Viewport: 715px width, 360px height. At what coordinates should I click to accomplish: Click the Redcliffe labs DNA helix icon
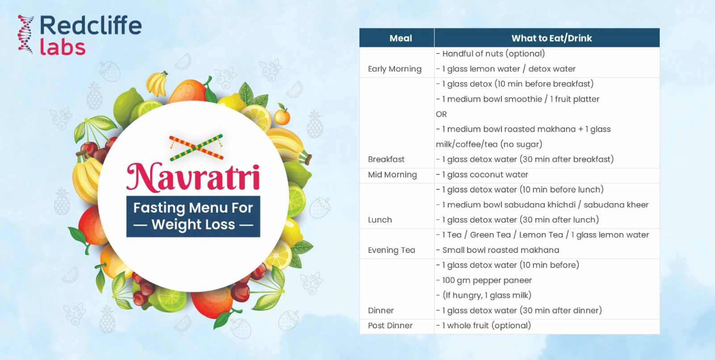(25, 34)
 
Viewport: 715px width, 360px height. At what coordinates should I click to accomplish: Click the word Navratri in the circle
(193, 177)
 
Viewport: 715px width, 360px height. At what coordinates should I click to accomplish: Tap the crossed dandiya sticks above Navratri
(196, 147)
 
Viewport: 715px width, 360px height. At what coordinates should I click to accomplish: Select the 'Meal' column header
(400, 38)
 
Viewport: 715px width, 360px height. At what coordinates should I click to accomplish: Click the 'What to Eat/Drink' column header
(551, 38)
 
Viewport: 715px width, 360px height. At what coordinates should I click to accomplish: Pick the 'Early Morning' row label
(395, 69)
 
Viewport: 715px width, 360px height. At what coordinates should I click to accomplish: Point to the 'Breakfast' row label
(386, 159)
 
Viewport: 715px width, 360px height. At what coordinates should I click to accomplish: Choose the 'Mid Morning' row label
(392, 175)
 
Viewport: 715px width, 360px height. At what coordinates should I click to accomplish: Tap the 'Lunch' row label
(380, 220)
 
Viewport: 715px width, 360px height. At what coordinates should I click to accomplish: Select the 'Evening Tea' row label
(391, 250)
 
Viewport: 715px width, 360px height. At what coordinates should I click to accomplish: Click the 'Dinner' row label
(381, 310)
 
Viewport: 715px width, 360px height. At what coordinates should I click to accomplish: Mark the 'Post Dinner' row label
(390, 326)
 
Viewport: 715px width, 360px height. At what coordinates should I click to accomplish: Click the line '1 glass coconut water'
(484, 175)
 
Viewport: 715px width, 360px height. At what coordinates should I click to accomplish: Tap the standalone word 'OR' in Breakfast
(441, 114)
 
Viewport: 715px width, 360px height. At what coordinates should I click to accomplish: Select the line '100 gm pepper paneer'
(486, 280)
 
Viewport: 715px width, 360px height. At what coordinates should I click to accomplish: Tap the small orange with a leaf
(282, 116)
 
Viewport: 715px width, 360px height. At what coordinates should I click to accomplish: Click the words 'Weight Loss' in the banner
(193, 224)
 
